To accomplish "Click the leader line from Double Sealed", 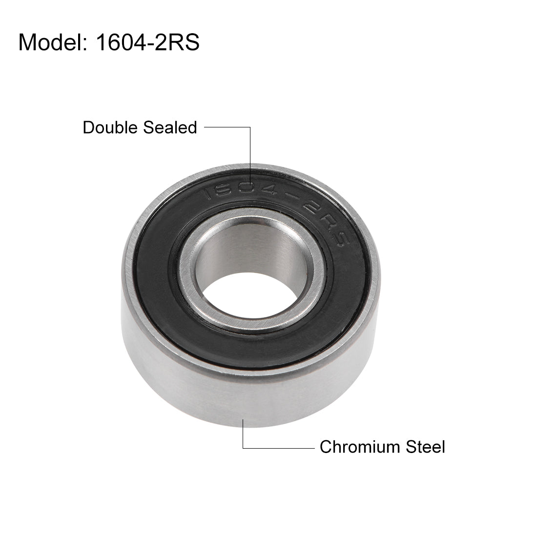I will [250, 146].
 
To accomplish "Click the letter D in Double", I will [88, 127].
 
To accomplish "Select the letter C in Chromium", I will [326, 447].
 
